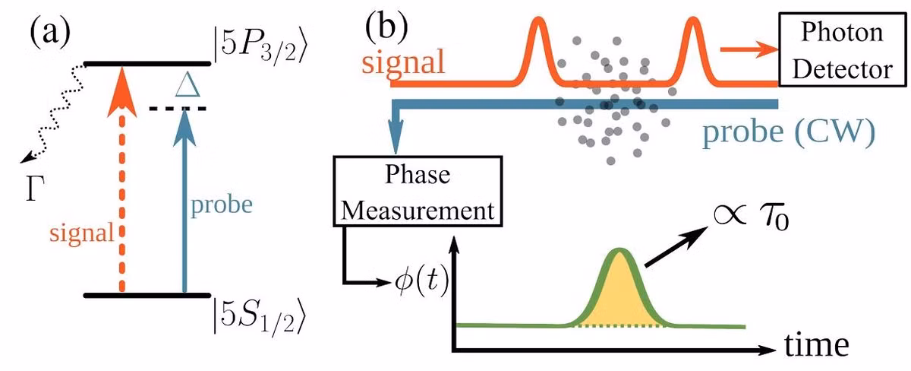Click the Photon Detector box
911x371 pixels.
coord(842,49)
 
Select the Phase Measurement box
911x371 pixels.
coord(418,191)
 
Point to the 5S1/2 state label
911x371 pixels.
coord(259,316)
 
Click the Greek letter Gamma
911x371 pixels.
coord(35,189)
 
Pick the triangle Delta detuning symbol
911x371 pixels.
coord(188,84)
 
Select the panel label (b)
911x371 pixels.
coord(386,27)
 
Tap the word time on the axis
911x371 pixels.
coord(817,344)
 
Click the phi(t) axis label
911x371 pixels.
coord(422,281)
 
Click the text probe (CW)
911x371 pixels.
coord(789,132)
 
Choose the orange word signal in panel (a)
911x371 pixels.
coord(82,233)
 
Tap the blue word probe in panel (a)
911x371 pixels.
coord(222,205)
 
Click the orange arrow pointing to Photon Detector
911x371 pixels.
coord(749,49)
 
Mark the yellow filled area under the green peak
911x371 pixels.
coord(619,297)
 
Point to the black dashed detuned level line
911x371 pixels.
coord(178,109)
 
